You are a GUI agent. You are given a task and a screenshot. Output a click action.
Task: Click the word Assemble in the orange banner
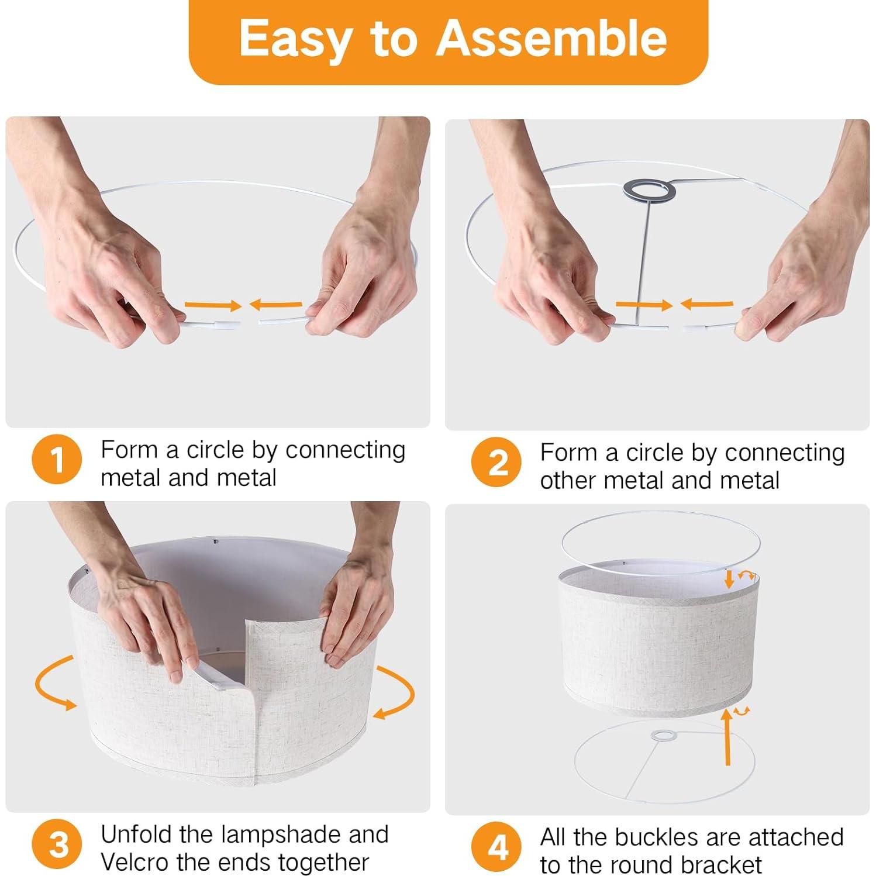(551, 37)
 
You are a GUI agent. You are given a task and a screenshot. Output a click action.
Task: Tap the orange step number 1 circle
(57, 460)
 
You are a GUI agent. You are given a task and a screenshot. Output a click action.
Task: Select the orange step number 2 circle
(496, 462)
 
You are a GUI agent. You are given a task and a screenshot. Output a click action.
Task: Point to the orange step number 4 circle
(496, 847)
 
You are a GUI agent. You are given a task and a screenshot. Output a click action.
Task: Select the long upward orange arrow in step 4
(727, 736)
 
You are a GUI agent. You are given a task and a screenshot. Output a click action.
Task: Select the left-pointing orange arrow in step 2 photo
(706, 304)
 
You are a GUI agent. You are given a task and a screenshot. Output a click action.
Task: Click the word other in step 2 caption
(568, 480)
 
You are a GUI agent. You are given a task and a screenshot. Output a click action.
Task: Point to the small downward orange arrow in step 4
(729, 579)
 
